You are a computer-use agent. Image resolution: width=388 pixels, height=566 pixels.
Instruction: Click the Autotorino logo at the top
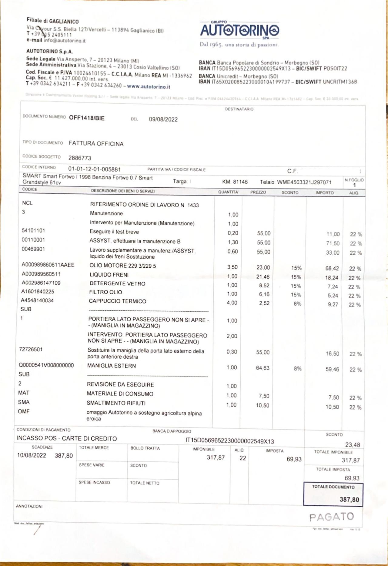click(239, 30)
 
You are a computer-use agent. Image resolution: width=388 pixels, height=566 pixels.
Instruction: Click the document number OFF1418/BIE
click(87, 118)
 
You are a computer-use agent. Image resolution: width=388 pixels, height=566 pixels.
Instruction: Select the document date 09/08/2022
click(163, 119)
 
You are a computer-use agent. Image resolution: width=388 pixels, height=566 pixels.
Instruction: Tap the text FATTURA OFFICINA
click(96, 143)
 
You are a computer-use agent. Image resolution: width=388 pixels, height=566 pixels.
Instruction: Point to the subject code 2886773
click(79, 158)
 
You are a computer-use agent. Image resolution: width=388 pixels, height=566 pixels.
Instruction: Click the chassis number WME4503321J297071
click(304, 182)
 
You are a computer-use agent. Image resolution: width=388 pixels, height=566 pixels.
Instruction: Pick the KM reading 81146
click(240, 182)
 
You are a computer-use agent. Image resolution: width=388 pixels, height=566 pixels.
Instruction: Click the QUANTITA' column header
click(228, 192)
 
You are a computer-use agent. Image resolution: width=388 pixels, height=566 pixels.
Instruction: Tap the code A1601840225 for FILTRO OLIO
click(38, 292)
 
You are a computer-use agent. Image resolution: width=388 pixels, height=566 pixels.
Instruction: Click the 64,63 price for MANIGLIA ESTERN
click(263, 368)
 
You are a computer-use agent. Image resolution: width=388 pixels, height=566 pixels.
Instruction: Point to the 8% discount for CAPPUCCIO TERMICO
click(297, 303)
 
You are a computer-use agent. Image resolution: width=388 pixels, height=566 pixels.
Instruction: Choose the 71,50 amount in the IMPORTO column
click(333, 243)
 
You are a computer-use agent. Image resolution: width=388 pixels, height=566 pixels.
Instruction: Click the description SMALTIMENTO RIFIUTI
click(116, 403)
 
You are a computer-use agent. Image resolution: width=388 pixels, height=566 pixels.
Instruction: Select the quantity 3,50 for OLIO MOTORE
click(232, 267)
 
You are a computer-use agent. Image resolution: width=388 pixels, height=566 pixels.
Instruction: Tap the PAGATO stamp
click(331, 517)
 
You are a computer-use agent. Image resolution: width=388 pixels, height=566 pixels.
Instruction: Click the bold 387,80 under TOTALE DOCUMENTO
click(349, 499)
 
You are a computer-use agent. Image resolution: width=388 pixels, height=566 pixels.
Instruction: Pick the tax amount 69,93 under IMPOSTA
click(294, 459)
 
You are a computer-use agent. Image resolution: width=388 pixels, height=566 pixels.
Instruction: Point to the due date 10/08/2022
click(32, 455)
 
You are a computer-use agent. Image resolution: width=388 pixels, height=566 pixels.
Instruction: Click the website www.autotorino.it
click(148, 86)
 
